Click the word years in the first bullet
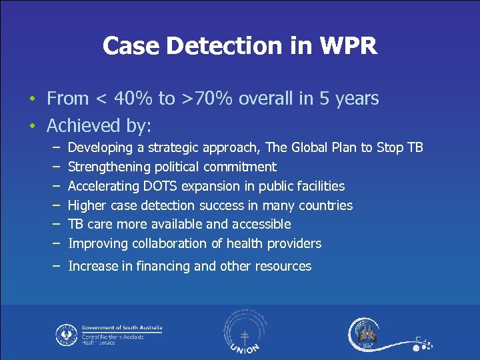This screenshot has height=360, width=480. click(357, 99)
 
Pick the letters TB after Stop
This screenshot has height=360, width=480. click(414, 147)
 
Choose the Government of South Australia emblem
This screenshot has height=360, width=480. click(66, 334)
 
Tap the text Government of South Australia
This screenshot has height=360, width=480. click(122, 328)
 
